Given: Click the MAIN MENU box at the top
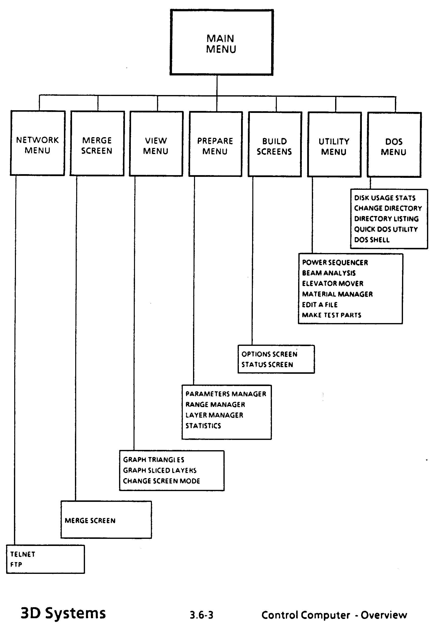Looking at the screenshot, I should click(x=221, y=43).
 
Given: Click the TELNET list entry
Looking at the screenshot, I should click(x=23, y=554).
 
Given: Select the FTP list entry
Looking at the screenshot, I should click(x=16, y=564).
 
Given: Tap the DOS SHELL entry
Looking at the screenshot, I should click(x=372, y=240).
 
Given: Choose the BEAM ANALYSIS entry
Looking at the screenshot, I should click(x=329, y=273).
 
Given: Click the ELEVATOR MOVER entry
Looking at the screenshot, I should click(x=333, y=283).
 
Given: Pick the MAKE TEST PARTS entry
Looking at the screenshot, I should click(x=331, y=315).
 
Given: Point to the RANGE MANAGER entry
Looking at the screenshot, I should click(x=215, y=404).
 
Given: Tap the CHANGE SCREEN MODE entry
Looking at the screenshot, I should click(x=161, y=481).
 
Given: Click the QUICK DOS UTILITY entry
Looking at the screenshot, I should click(x=386, y=229).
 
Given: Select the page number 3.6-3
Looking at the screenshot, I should click(x=202, y=615).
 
